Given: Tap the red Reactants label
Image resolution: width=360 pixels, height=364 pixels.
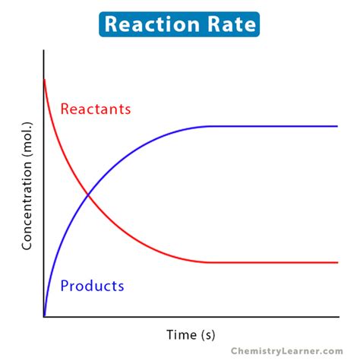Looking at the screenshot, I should point(95,109).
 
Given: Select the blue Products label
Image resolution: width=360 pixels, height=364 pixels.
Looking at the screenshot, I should point(92,286).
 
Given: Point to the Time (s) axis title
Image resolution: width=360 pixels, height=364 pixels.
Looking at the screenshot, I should point(196,334).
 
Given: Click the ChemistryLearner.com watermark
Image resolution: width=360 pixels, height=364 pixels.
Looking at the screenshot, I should point(288,350).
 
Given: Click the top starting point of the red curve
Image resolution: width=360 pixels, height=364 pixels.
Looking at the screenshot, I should point(45,79).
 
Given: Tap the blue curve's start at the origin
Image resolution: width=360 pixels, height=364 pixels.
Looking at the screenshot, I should point(45,315).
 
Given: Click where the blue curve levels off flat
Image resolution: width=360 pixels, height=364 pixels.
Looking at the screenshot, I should point(209,126).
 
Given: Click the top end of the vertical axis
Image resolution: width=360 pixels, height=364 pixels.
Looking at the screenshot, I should point(44,50).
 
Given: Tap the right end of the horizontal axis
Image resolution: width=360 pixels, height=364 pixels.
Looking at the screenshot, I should point(339,316).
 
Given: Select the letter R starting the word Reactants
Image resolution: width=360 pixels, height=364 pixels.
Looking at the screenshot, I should point(65,109).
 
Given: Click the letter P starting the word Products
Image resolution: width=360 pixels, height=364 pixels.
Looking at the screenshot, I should point(65,286).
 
